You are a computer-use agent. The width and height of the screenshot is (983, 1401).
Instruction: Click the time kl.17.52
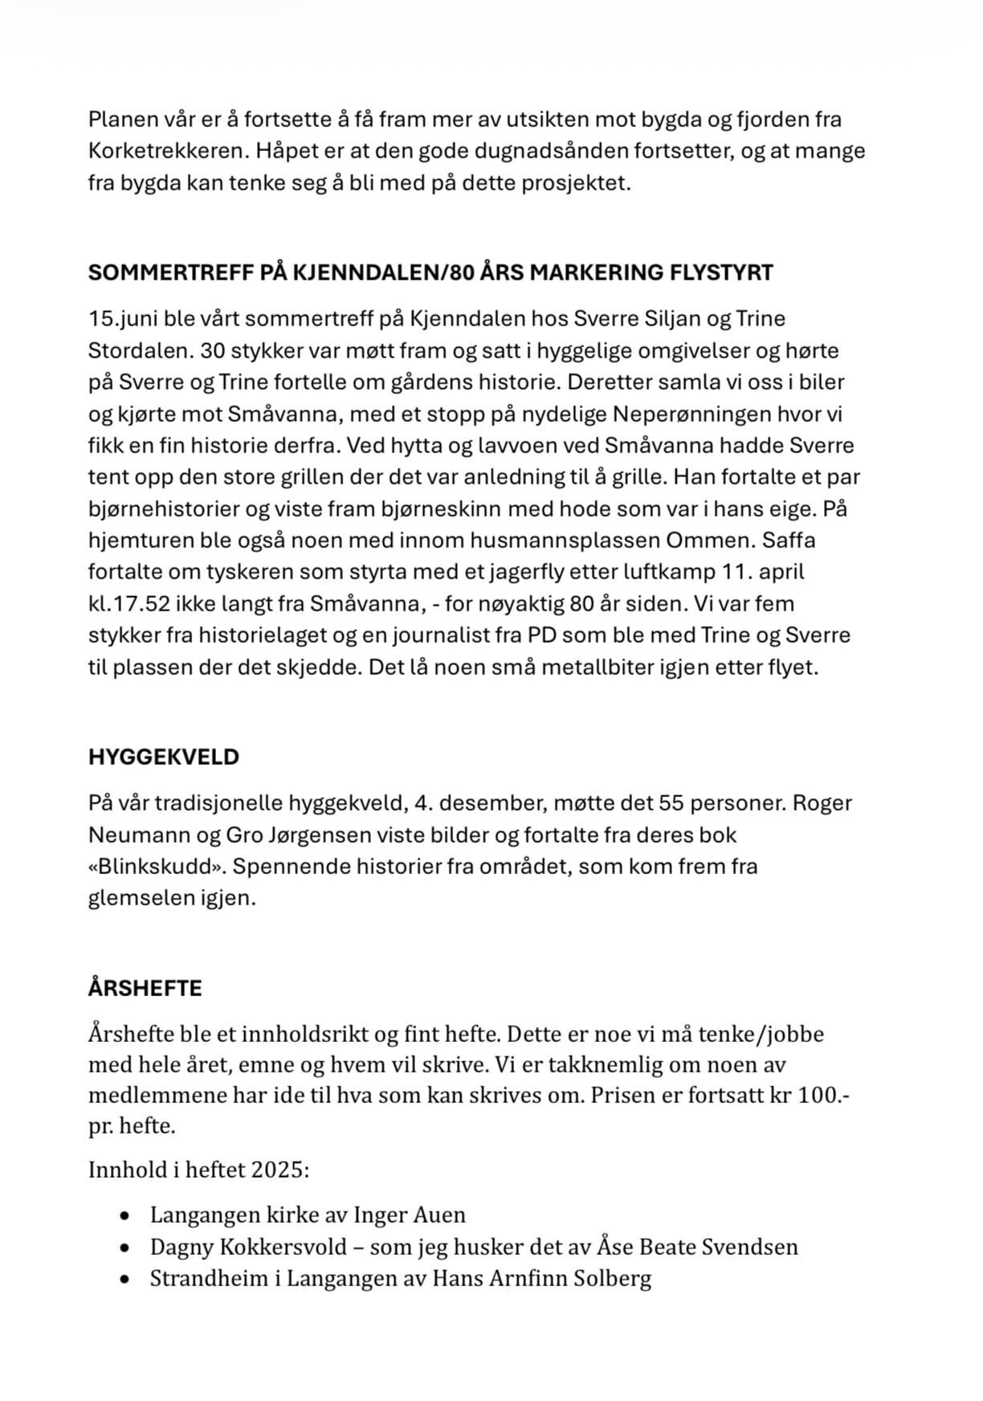click(x=133, y=603)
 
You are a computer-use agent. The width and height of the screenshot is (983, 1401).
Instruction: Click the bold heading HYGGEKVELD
click(x=164, y=758)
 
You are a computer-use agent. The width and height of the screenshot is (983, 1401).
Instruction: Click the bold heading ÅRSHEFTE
click(x=145, y=988)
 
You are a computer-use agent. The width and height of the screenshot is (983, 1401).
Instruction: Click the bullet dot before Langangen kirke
click(x=124, y=1216)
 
